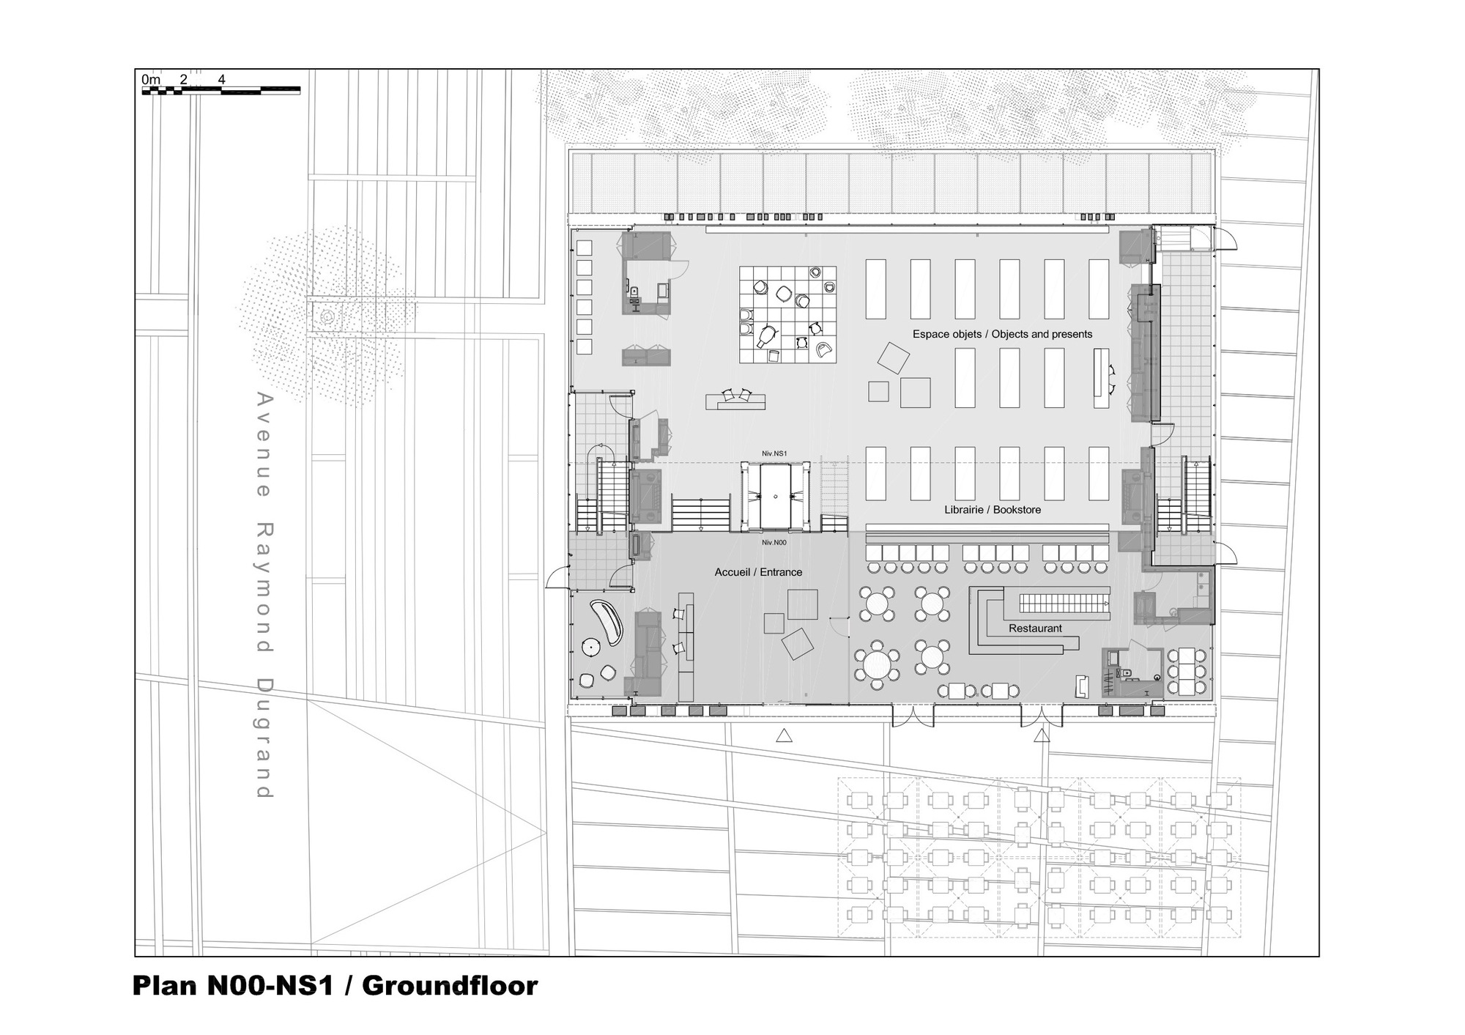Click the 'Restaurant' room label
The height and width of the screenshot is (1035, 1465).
(x=1035, y=628)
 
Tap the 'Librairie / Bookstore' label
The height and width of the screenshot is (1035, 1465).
(x=993, y=510)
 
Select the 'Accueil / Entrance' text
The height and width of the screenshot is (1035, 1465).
(x=758, y=572)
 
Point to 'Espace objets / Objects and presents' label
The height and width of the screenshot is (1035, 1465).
(x=1002, y=334)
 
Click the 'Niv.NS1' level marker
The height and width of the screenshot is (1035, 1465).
(x=774, y=454)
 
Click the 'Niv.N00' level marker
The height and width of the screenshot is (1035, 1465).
(x=774, y=543)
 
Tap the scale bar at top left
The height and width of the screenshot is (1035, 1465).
(x=220, y=91)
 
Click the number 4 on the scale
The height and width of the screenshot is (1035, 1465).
(x=221, y=79)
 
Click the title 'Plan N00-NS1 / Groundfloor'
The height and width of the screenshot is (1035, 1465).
(x=335, y=986)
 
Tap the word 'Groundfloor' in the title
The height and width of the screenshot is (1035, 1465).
(x=450, y=986)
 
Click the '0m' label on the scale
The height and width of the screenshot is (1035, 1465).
(x=151, y=79)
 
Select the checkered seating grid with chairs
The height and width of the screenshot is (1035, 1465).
(x=787, y=314)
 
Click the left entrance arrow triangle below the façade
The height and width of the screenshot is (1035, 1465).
(x=784, y=735)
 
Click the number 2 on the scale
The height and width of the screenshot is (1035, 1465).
(x=183, y=79)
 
